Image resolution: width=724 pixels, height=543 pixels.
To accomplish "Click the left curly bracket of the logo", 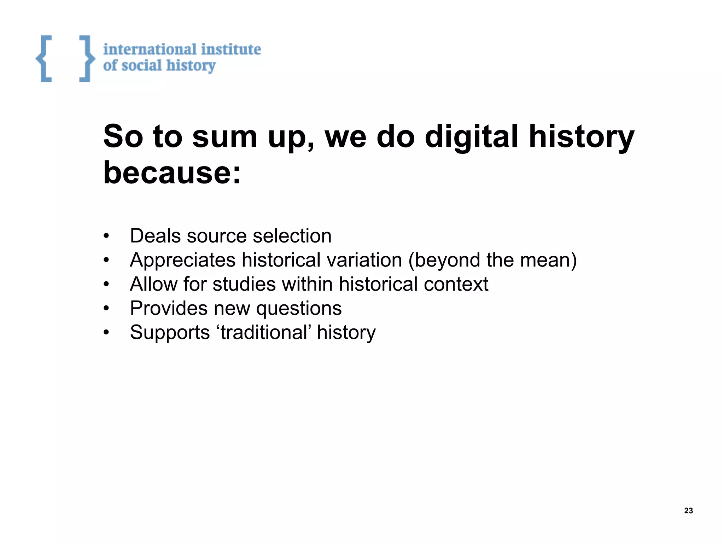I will point(44,59).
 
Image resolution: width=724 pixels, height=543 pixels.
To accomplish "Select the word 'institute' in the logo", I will point(231,49).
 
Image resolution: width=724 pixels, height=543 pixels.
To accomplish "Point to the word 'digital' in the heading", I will point(471,137).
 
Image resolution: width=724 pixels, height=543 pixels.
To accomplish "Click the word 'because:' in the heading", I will point(172,173).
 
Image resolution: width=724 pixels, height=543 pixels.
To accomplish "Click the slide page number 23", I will point(688,510).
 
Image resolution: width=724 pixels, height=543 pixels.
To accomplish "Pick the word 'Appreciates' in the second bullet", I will point(182,260).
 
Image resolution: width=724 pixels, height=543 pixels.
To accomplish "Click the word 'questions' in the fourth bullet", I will point(299,308).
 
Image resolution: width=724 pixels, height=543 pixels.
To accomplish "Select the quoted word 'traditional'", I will point(263,332).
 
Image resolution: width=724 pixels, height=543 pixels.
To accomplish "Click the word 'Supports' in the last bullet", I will point(170,333).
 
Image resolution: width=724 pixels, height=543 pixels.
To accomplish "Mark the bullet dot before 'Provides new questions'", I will point(106,309).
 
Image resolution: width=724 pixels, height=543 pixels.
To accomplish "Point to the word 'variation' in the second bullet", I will point(364,260).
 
